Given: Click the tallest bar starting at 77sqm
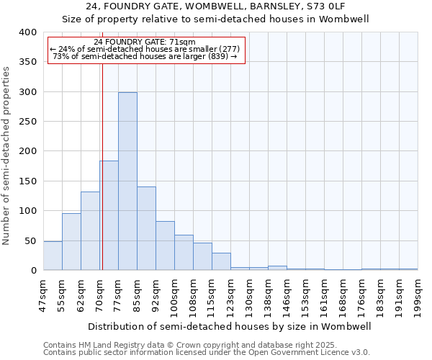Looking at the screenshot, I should pyautogui.click(x=127, y=181).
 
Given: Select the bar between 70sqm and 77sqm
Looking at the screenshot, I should pyautogui.click(x=109, y=215).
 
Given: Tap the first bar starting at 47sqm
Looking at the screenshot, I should pyautogui.click(x=53, y=256).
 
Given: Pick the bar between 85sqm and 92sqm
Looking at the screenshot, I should pyautogui.click(x=146, y=228).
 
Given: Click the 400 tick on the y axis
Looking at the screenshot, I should pyautogui.click(x=27, y=32).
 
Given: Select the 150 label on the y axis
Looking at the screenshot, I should pyautogui.click(x=27, y=181).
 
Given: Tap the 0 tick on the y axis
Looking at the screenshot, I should pyautogui.click(x=32, y=271).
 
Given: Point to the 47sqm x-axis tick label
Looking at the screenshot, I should pyautogui.click(x=44, y=293).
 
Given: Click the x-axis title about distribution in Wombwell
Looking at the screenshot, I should pyautogui.click(x=229, y=326).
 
